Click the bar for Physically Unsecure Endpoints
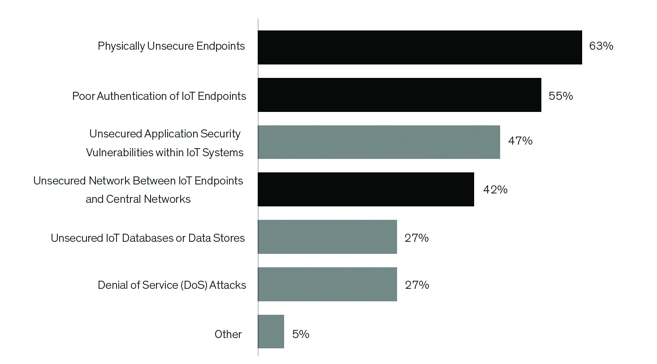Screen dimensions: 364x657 420,47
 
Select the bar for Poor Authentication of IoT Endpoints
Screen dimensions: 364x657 399,95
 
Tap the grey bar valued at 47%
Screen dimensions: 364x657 379,142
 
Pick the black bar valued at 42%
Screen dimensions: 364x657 366,189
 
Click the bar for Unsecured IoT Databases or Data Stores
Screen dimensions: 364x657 327,237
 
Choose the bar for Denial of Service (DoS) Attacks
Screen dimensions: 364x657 327,284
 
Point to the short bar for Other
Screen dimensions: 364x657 271,331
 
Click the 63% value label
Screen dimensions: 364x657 601,46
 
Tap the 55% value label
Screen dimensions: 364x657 561,96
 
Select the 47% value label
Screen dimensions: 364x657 520,141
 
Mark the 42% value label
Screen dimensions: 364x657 495,190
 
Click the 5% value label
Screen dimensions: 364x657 301,334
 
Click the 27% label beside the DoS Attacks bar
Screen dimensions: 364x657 417,285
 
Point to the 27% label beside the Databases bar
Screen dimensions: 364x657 416,238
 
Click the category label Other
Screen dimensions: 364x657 228,334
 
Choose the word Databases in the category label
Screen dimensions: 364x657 147,238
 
